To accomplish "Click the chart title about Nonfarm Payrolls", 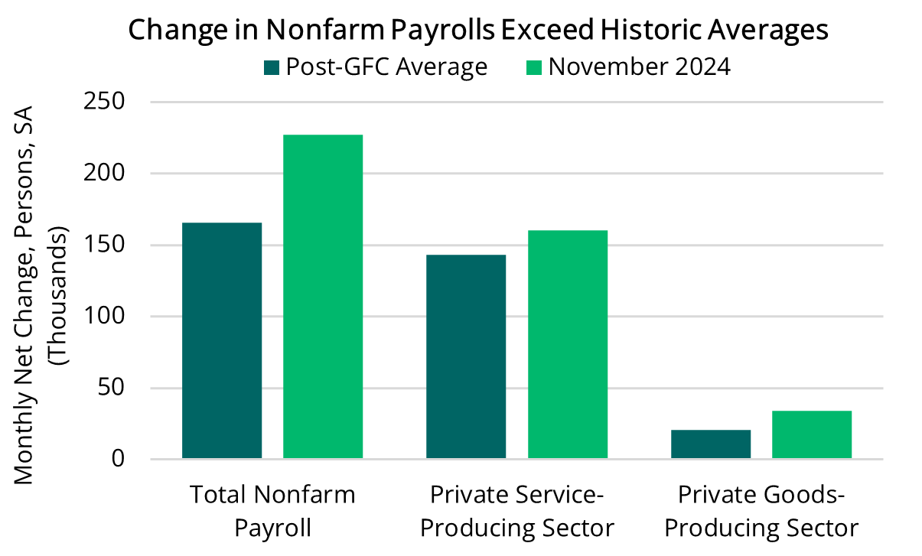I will click(478, 30).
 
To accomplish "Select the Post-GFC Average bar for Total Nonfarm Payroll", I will click(222, 340).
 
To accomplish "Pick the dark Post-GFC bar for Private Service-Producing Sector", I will click(466, 356).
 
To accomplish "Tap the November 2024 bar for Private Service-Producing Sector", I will click(567, 344).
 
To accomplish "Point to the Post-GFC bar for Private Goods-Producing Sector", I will click(711, 444).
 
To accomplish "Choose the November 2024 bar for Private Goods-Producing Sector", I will click(812, 434).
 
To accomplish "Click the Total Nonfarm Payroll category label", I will click(272, 511).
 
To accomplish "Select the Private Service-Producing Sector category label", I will click(517, 511).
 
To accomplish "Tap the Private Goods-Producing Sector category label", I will click(761, 511).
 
